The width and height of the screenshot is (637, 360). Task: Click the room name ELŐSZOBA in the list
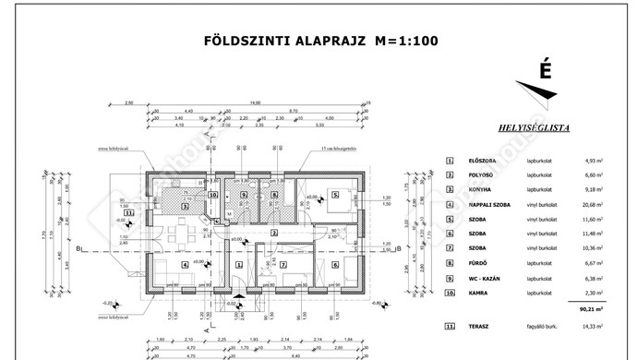coord(482,161)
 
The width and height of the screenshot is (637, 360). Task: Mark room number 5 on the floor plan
coord(336,196)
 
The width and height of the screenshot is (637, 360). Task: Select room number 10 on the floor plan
coord(212,195)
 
